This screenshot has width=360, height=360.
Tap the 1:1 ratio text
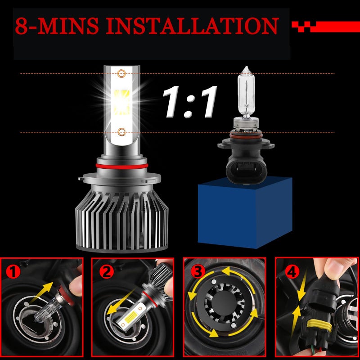(189, 102)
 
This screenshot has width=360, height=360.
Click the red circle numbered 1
(13, 271)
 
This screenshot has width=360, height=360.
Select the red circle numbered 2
(107, 271)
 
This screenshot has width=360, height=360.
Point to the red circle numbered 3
(198, 271)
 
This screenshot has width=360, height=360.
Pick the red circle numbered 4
(292, 271)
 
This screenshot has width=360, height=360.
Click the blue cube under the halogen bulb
(245, 212)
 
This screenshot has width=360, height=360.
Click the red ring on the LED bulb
(121, 166)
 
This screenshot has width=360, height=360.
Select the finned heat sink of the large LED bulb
(121, 220)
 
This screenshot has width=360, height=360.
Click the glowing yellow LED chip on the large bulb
(121, 103)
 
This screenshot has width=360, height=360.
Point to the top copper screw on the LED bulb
(121, 73)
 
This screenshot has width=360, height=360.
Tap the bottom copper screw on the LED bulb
(121, 132)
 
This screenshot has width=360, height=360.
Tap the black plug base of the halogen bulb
(246, 165)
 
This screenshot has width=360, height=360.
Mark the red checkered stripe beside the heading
(325, 27)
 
